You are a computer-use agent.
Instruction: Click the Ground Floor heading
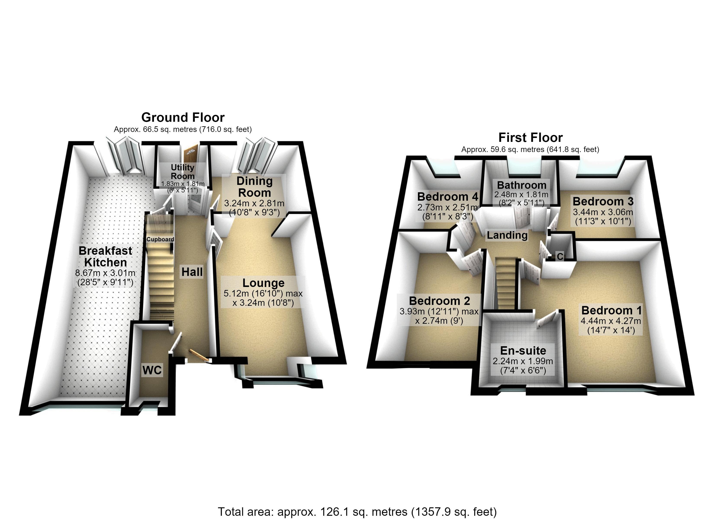(x=183, y=117)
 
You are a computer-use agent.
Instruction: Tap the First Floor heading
(x=531, y=138)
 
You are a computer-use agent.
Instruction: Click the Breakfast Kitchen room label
(x=105, y=256)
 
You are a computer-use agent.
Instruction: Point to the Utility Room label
(x=183, y=171)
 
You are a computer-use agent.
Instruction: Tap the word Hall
(x=192, y=272)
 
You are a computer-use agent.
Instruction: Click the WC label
(x=152, y=370)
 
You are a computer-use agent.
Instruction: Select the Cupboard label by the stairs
(x=160, y=239)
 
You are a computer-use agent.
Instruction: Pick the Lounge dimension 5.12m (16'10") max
(x=263, y=294)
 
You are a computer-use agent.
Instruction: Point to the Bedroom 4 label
(x=448, y=197)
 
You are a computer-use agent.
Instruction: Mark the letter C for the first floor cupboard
(x=560, y=256)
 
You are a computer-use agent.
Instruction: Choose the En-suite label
(x=523, y=351)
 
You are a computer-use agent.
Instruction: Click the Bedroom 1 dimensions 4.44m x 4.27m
(x=611, y=321)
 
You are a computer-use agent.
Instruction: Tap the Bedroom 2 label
(x=439, y=301)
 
